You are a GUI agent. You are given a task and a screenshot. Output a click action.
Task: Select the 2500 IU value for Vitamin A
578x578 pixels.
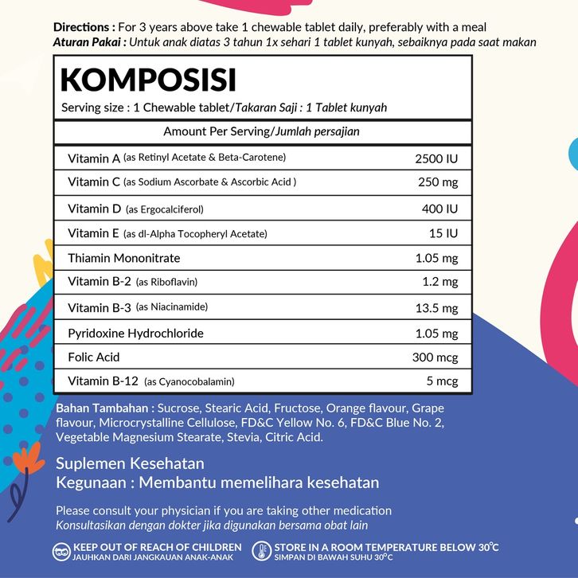[x=436, y=158]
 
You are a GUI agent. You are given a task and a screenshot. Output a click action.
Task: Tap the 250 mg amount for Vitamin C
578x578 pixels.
[x=438, y=182]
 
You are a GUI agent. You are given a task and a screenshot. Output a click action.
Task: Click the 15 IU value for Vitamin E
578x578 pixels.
[x=443, y=233]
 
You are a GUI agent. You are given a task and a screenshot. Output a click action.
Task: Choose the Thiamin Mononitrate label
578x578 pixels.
[x=124, y=258]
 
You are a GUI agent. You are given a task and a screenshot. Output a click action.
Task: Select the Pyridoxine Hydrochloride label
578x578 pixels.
[x=135, y=333]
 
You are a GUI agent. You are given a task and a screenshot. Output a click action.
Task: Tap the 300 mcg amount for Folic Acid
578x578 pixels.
[x=435, y=357]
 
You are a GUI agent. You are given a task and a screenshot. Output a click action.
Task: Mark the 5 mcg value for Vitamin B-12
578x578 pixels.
[x=442, y=381]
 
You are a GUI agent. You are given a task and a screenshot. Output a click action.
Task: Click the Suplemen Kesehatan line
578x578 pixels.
[x=130, y=463]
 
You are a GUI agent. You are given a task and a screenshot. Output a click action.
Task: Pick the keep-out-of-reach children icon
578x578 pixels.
[x=62, y=552]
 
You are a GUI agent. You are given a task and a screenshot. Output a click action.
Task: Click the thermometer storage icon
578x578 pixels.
[x=261, y=552]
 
